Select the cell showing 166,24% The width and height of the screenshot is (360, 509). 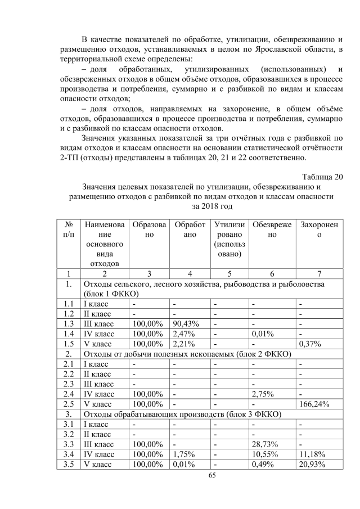(314, 403)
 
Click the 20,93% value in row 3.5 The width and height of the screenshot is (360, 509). (312, 464)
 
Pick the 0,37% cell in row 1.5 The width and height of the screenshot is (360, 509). (310, 344)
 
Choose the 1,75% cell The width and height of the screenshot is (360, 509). (183, 454)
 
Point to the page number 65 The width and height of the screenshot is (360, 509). (179, 475)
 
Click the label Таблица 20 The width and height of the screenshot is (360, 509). (322, 177)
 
